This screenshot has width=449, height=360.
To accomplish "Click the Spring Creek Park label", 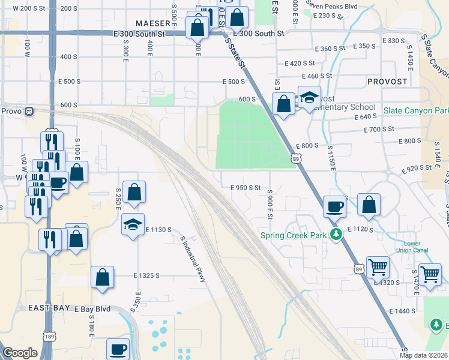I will click(294, 235).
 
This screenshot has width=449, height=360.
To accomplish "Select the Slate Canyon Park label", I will click(417, 111).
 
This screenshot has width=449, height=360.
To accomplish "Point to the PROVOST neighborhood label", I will click(387, 81).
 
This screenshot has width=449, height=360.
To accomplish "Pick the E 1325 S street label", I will click(146, 275).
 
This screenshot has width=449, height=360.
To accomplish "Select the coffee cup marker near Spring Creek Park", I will click(334, 206).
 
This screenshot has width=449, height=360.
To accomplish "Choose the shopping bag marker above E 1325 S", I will click(103, 277).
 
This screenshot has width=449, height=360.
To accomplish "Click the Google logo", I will click(20, 353).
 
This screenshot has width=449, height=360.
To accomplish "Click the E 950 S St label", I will click(246, 187).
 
